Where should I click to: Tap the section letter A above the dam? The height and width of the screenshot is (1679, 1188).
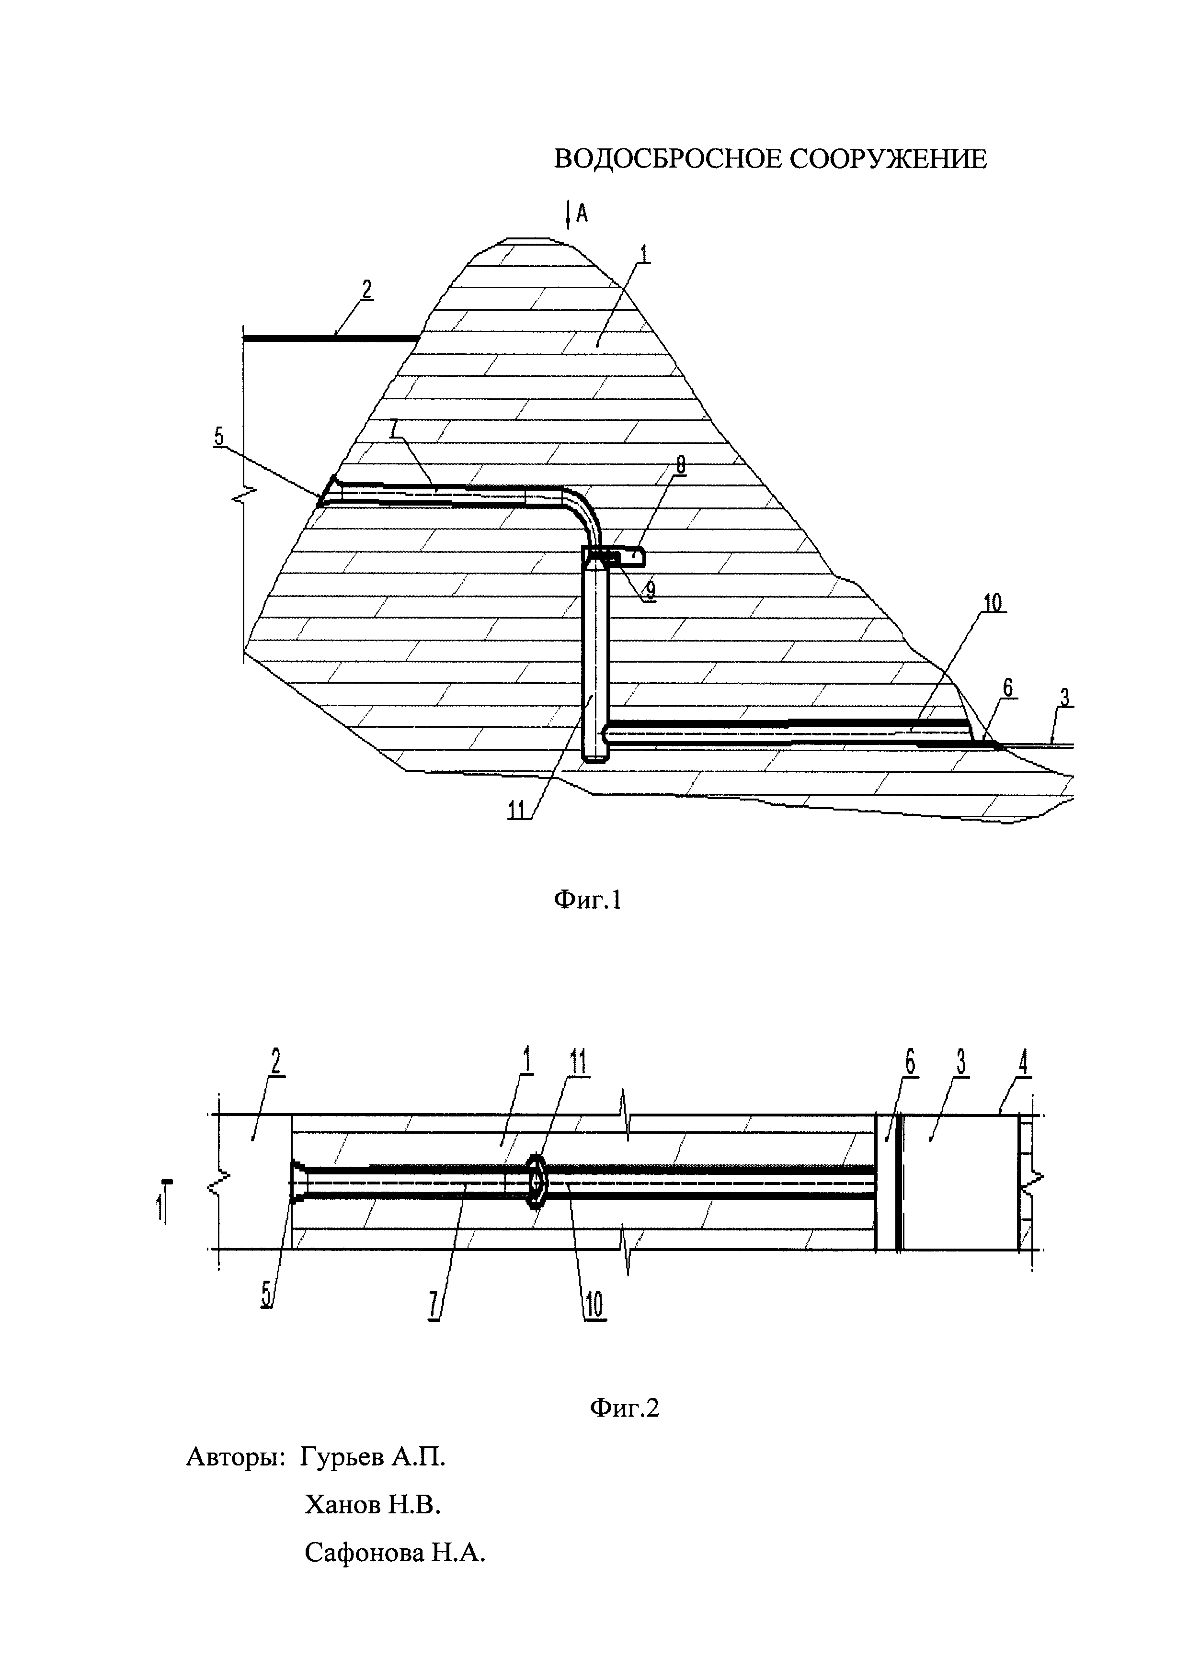(583, 214)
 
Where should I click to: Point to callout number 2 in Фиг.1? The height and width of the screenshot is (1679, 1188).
(366, 290)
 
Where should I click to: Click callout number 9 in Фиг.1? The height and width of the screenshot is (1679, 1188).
(650, 590)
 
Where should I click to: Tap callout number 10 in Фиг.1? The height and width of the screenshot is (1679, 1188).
(993, 603)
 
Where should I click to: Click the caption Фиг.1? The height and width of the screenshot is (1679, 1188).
(587, 900)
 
